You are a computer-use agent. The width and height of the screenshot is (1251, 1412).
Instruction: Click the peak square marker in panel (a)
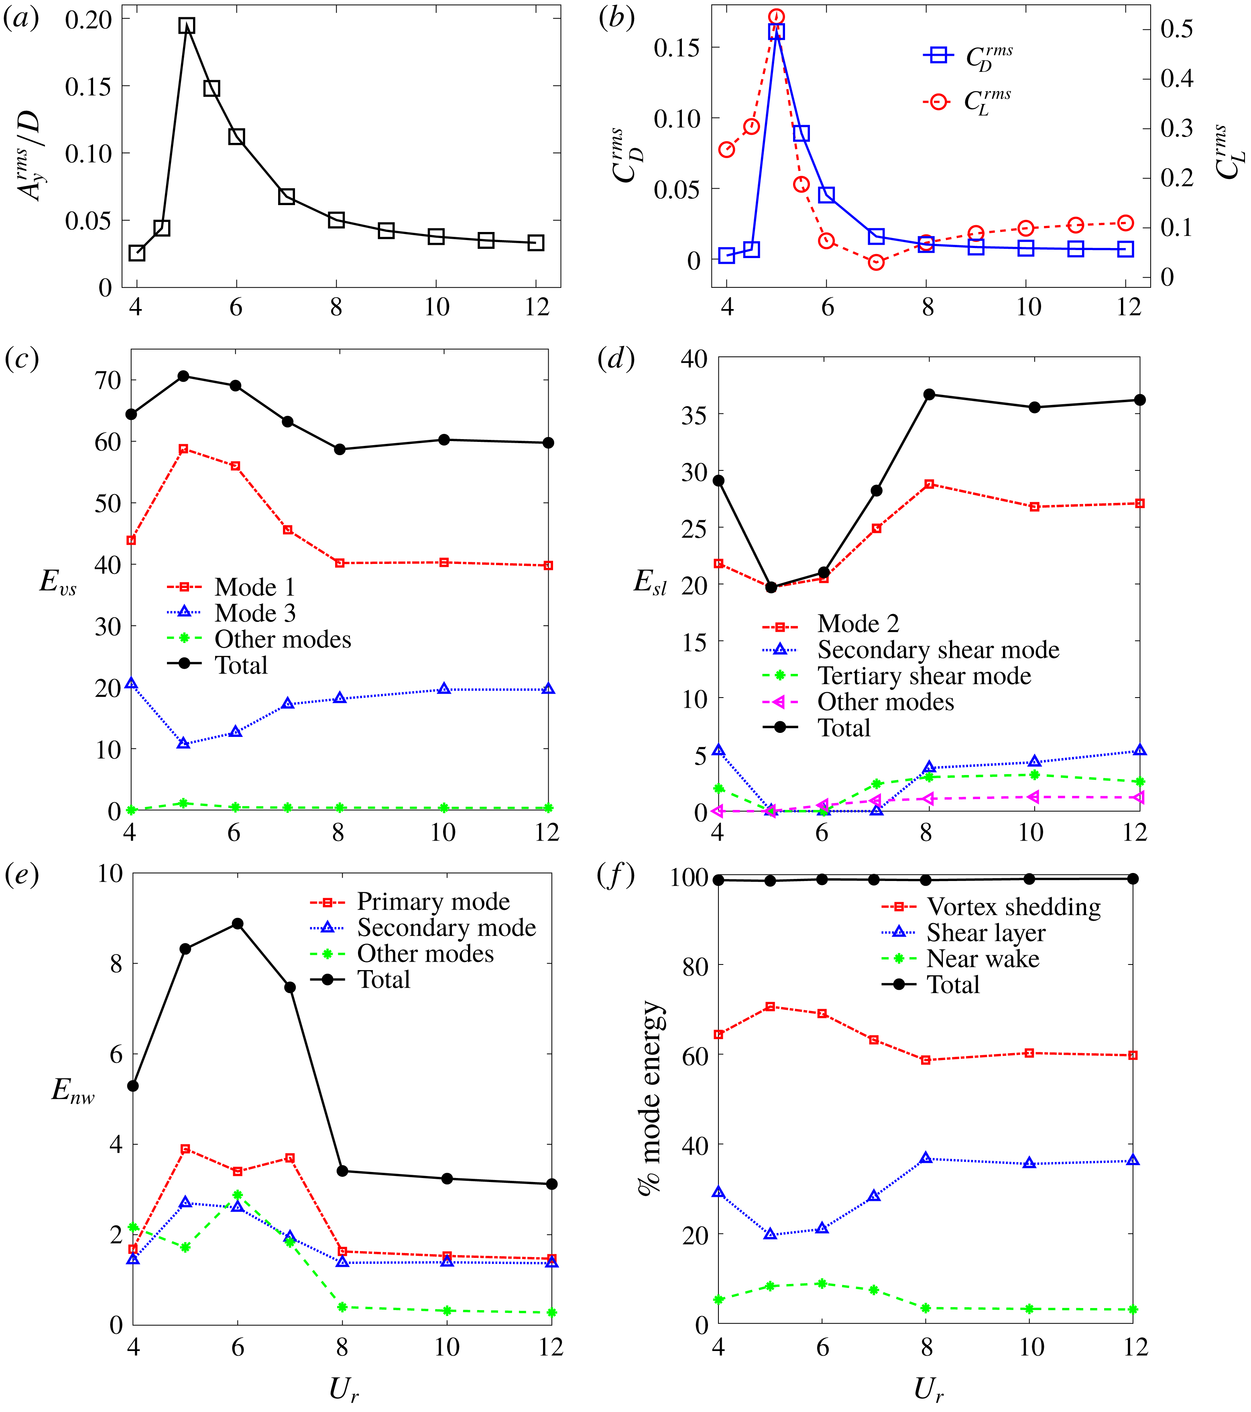click(187, 26)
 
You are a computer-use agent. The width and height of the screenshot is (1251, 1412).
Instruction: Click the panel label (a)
click(21, 18)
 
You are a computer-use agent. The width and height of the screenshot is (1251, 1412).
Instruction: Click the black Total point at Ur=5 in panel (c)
click(183, 376)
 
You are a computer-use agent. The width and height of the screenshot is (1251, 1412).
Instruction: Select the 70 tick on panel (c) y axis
click(107, 380)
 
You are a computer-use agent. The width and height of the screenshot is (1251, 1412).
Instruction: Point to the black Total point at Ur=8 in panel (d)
click(929, 395)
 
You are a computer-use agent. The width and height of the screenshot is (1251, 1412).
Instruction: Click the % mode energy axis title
click(650, 1099)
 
